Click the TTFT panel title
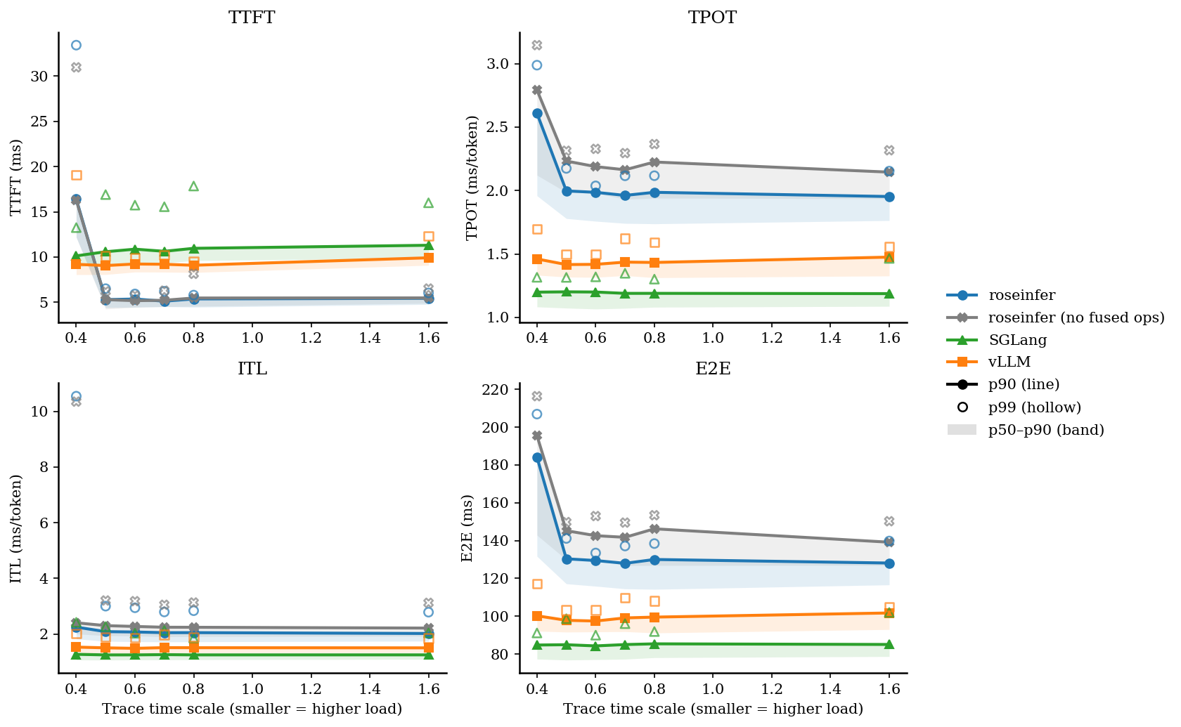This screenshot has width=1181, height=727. point(252,18)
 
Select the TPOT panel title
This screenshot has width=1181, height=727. point(712,18)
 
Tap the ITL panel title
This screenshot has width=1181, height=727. point(252,369)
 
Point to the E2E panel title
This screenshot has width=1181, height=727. point(712,369)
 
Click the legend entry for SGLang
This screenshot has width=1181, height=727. point(1017,340)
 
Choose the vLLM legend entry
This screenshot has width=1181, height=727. point(1009,362)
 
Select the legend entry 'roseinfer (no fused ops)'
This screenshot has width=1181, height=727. point(1076,317)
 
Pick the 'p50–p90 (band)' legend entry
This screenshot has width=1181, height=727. point(1046,430)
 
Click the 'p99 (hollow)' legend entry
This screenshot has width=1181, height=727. point(1034,407)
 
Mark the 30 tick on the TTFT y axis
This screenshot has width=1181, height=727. point(39,77)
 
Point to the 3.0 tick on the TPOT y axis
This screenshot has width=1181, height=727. point(499,64)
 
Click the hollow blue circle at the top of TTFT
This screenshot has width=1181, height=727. point(76,45)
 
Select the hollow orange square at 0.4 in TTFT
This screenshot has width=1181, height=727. point(76,175)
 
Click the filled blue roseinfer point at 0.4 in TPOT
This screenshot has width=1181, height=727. point(537,113)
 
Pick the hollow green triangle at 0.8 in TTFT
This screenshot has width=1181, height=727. point(193,186)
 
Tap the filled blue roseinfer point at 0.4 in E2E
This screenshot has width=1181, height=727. point(537,457)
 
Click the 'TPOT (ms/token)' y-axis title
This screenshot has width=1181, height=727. point(472,178)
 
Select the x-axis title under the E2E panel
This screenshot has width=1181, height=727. point(713,709)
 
